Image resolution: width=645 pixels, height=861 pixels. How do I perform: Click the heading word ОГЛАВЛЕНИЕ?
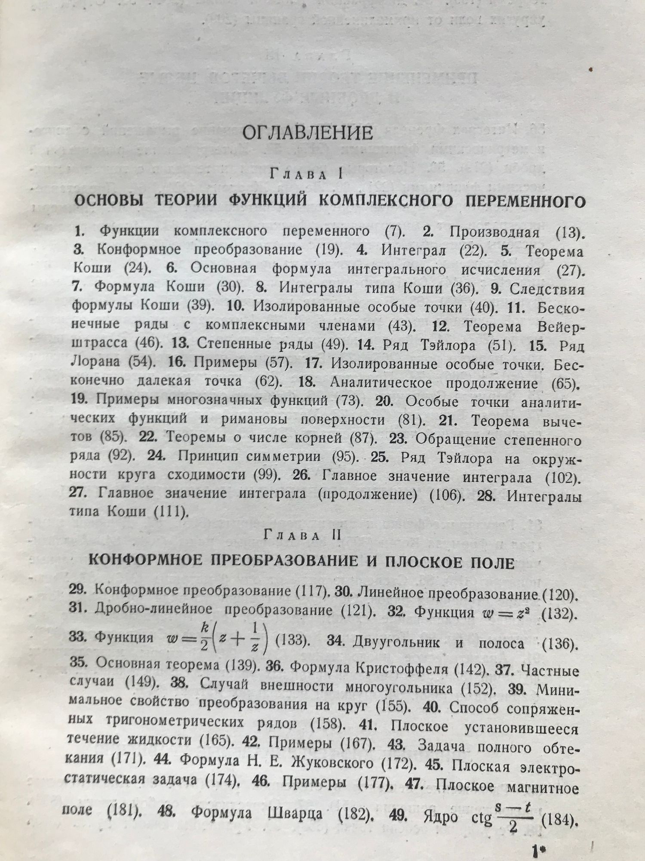(307, 133)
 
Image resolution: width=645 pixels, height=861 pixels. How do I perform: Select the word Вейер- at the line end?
(560, 327)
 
